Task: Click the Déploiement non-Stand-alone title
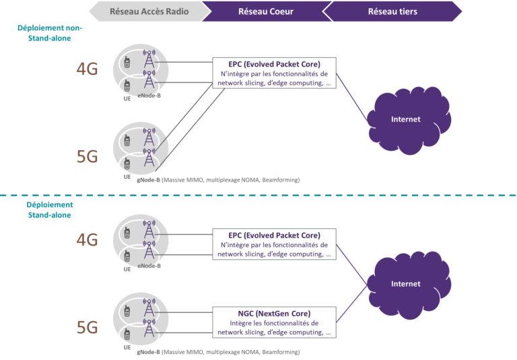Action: pos(44,33)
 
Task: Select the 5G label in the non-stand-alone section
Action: pos(87,157)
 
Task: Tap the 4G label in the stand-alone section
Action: pos(87,240)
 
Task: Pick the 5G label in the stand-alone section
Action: pos(87,327)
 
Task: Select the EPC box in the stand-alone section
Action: pos(273,244)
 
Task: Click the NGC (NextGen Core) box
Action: pos(273,322)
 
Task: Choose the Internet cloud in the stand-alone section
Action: pos(407,283)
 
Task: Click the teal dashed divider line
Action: pos(258,196)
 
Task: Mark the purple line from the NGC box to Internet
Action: pos(353,301)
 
